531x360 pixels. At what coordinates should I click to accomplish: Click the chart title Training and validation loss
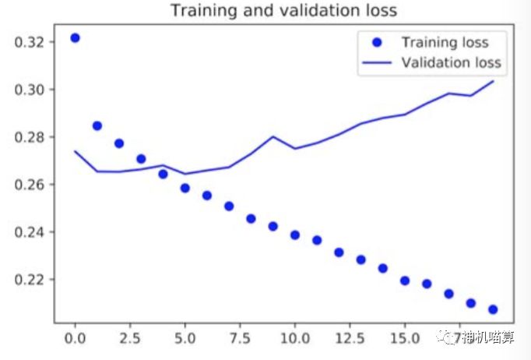click(x=283, y=11)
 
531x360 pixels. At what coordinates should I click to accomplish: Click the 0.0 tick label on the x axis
click(x=75, y=341)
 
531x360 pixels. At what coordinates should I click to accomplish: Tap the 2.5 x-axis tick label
click(x=130, y=341)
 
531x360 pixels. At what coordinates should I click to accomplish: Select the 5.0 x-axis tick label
click(x=185, y=341)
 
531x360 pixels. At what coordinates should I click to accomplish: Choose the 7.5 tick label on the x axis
click(x=240, y=341)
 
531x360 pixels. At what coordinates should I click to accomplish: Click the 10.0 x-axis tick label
click(x=295, y=341)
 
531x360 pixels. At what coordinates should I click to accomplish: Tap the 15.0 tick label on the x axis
click(x=405, y=341)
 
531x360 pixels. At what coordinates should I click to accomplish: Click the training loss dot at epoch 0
click(x=75, y=37)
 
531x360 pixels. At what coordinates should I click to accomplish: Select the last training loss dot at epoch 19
click(x=493, y=309)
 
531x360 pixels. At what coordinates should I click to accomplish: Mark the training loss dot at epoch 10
click(x=295, y=235)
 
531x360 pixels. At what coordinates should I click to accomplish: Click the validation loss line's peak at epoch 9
click(x=273, y=136)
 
